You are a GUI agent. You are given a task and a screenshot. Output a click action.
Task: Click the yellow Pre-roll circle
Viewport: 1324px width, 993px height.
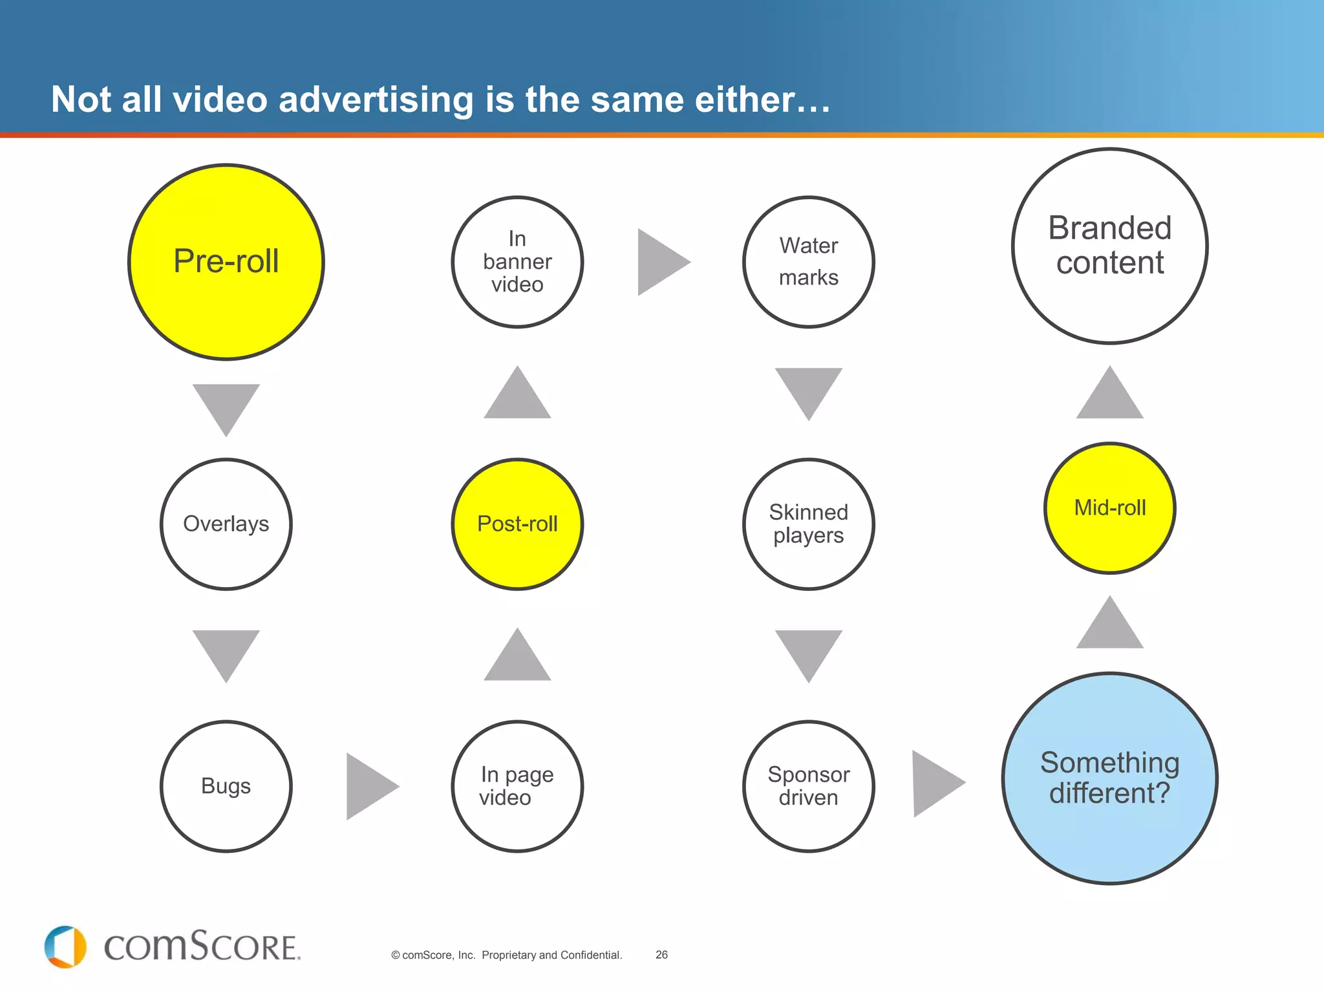[x=226, y=262]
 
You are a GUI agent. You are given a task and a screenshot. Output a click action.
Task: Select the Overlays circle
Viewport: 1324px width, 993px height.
[x=226, y=524]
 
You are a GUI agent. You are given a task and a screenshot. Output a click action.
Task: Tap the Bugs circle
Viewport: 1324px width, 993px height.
[x=226, y=786]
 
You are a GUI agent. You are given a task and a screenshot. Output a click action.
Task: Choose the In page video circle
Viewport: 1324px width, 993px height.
[x=517, y=786]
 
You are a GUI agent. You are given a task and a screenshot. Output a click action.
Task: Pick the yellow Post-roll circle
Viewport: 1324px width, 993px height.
[x=517, y=524]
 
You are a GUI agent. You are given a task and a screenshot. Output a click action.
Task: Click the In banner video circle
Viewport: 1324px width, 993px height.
[x=517, y=262]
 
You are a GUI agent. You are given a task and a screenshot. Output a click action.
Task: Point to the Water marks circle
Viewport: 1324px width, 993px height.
[x=809, y=262]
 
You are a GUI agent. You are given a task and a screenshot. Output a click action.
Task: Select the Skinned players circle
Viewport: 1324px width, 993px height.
[x=809, y=524]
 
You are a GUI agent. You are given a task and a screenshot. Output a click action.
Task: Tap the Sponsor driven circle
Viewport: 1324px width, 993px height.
[x=809, y=786]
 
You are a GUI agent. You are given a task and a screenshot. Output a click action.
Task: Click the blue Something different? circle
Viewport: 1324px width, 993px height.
[x=1110, y=778]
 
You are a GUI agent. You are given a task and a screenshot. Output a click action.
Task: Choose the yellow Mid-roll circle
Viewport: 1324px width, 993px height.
[x=1110, y=508]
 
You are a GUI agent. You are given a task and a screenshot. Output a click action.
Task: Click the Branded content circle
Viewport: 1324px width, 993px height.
[x=1110, y=246]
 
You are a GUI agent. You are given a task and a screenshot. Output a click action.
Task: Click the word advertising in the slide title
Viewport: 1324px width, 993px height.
[x=376, y=100]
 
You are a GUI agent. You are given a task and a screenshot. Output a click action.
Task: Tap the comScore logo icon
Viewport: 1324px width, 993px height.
[x=65, y=947]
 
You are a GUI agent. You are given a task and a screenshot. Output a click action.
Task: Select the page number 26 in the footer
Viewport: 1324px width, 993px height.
[x=661, y=955]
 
